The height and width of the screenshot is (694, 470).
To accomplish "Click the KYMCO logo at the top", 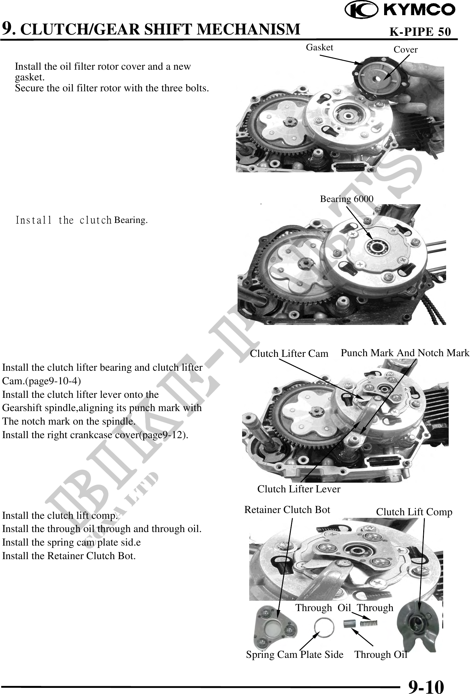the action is [400, 11].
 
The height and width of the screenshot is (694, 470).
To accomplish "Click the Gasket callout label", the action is [319, 47].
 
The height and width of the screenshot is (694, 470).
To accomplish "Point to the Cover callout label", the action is [405, 50].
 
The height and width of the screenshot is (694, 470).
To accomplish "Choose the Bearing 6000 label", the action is [347, 199].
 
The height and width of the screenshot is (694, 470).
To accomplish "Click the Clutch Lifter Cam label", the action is [289, 354].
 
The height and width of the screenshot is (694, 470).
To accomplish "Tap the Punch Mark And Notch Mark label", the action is [405, 353].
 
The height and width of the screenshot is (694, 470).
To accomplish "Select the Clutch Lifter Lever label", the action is [299, 489].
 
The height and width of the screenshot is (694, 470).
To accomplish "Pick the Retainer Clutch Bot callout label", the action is [287, 509].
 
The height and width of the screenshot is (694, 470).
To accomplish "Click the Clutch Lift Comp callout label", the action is [414, 512].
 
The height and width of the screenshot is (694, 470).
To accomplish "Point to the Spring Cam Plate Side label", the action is [295, 654].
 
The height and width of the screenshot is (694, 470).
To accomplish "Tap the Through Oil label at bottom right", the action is [381, 654].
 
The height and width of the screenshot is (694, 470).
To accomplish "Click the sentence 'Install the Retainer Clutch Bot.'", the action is [69, 556].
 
